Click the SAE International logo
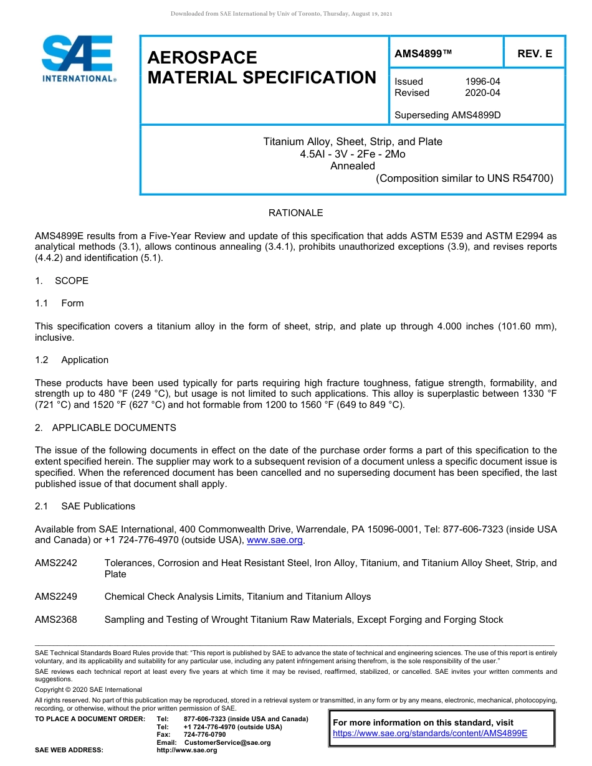78,59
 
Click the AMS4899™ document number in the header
423,54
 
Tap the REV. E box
535,54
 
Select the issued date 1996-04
482,82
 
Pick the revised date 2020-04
482,93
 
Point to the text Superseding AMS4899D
447,115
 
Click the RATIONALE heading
295,213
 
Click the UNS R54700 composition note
464,178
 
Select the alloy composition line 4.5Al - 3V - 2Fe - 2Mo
353,154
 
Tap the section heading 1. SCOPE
62,281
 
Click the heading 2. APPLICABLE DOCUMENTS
105,428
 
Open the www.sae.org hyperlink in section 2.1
274,541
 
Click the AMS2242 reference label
56,563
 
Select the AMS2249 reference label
56,597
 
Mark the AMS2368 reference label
56,620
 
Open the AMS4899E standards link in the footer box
430,734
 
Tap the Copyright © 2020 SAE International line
88,689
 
